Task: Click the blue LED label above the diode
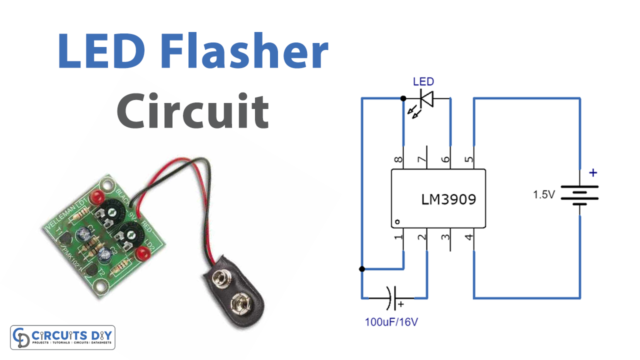point(424,80)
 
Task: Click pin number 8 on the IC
point(398,159)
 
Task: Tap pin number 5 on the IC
point(472,159)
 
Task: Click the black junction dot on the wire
point(361,269)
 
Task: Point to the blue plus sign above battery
point(593,173)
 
